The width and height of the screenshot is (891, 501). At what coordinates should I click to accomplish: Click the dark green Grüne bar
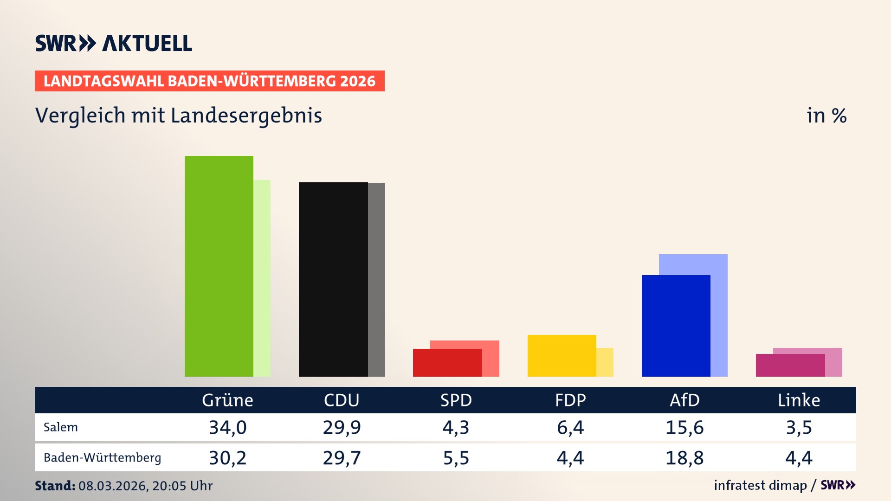pyautogui.click(x=219, y=266)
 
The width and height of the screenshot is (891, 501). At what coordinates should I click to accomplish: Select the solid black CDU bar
pyautogui.click(x=333, y=279)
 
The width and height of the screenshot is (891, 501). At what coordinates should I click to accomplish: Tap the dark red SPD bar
pyautogui.click(x=447, y=363)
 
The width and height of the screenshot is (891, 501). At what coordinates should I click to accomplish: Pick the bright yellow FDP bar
pyautogui.click(x=562, y=356)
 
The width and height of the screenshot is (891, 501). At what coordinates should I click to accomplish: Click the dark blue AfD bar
pyautogui.click(x=676, y=326)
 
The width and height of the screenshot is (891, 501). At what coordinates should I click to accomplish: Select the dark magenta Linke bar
pyautogui.click(x=790, y=366)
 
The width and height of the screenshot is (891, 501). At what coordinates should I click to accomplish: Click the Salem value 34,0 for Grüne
pyautogui.click(x=227, y=427)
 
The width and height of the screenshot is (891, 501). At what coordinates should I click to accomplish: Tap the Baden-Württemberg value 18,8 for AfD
pyautogui.click(x=684, y=458)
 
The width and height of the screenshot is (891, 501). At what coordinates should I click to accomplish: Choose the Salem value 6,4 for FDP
pyautogui.click(x=570, y=427)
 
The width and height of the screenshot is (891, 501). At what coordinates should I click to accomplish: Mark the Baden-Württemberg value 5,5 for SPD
pyautogui.click(x=456, y=458)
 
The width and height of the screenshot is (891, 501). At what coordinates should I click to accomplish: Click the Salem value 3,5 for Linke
pyautogui.click(x=799, y=427)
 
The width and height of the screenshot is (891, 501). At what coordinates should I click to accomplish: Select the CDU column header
pyautogui.click(x=342, y=400)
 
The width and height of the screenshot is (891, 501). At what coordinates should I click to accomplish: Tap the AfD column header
pyautogui.click(x=684, y=400)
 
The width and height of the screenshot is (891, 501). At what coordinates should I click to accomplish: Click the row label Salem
pyautogui.click(x=61, y=427)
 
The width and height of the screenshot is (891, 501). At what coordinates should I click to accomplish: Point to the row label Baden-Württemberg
pyautogui.click(x=102, y=458)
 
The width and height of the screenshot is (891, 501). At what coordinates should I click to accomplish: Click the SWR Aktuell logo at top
pyautogui.click(x=114, y=43)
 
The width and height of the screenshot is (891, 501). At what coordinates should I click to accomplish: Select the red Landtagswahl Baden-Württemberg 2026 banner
pyautogui.click(x=209, y=81)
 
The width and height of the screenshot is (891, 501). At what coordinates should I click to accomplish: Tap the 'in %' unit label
pyautogui.click(x=826, y=116)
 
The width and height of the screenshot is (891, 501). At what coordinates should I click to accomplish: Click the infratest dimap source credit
pyautogui.click(x=760, y=485)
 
